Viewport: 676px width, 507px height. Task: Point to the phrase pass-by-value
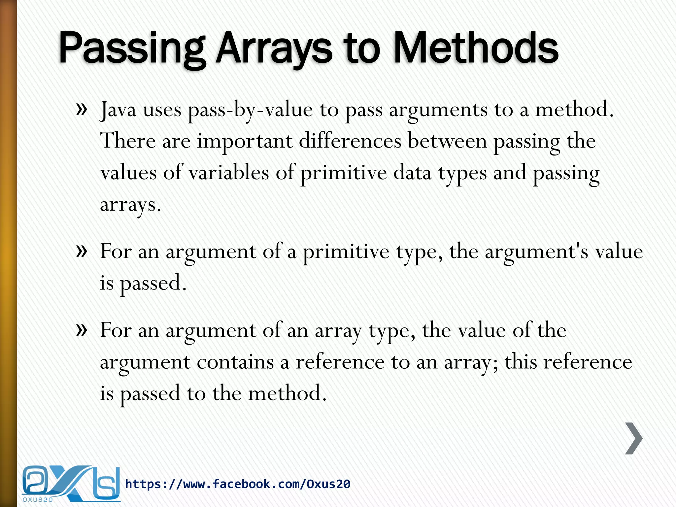click(x=250, y=110)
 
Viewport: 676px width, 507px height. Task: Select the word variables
click(x=228, y=173)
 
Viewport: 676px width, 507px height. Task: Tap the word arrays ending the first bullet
click(x=130, y=205)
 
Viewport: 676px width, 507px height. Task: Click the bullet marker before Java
click(x=82, y=109)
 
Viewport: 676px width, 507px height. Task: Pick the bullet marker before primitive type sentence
click(x=82, y=251)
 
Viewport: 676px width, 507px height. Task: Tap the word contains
click(x=235, y=362)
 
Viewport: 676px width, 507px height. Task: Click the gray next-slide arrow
click(x=634, y=438)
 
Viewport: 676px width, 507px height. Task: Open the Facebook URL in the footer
click(x=238, y=484)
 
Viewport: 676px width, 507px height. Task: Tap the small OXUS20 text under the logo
click(x=38, y=500)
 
